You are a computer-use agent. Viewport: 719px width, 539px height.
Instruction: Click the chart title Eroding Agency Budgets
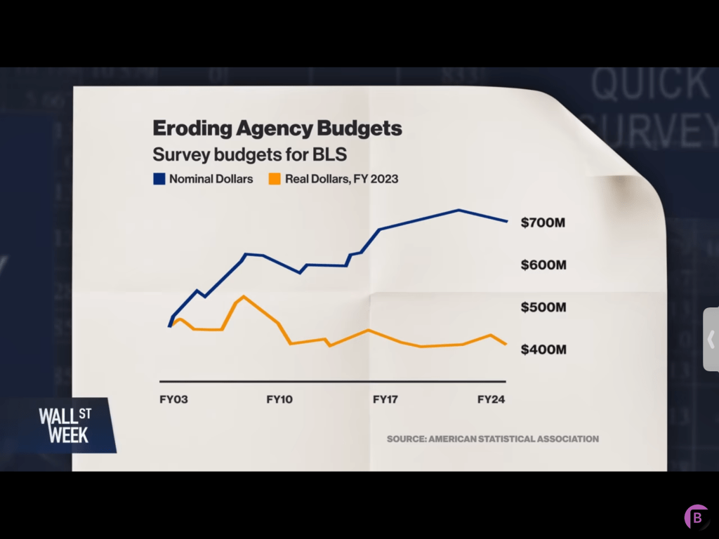click(277, 128)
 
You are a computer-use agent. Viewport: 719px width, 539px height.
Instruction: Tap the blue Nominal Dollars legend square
click(159, 179)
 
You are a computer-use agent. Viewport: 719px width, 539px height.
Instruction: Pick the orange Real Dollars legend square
click(275, 179)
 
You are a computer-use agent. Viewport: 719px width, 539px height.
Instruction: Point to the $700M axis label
click(543, 223)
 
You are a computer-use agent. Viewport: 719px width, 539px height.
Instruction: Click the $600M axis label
click(543, 265)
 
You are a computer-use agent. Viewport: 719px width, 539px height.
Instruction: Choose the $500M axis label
click(543, 307)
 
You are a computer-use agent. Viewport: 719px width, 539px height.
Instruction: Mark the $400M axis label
click(543, 350)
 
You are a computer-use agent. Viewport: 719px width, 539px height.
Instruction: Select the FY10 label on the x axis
click(279, 399)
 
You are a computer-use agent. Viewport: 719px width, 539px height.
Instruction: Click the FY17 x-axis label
click(385, 399)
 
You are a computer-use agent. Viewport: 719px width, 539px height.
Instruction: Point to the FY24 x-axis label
click(492, 399)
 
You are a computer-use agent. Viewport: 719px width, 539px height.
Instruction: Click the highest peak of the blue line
click(459, 210)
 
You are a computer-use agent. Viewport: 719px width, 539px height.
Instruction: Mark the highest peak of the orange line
click(243, 296)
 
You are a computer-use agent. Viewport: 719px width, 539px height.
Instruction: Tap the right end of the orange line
click(506, 344)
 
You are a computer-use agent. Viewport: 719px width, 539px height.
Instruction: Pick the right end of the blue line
click(507, 221)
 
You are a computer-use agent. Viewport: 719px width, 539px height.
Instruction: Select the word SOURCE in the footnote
click(405, 439)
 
